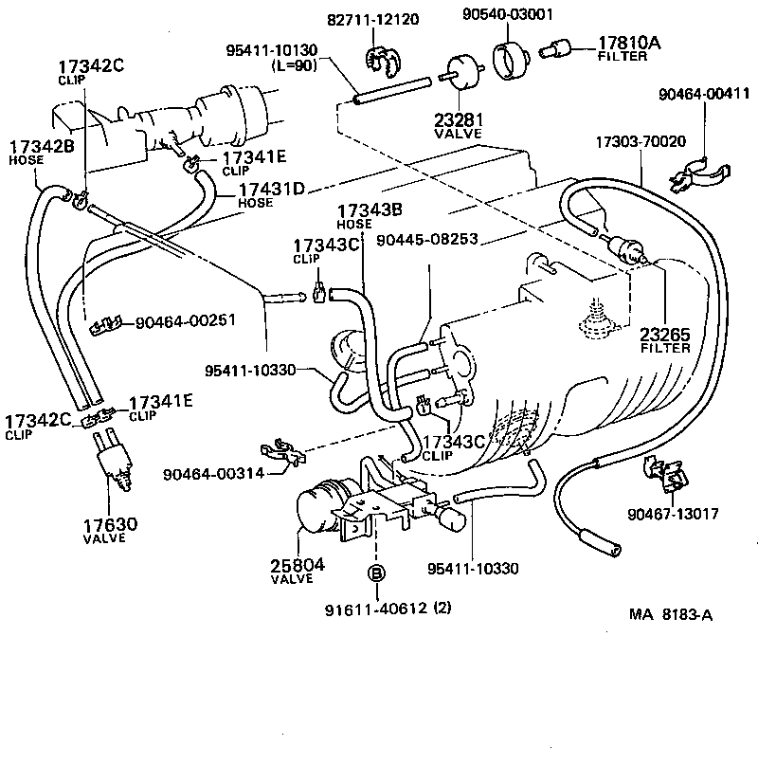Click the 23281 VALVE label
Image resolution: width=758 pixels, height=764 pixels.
(x=459, y=126)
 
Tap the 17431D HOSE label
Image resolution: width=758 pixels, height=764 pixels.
(x=270, y=194)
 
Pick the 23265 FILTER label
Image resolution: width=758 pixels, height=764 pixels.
(x=664, y=340)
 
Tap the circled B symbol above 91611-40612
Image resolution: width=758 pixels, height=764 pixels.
(x=376, y=573)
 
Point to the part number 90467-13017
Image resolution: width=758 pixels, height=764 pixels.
(x=672, y=515)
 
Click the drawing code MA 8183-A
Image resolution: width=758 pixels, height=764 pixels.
(x=671, y=613)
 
